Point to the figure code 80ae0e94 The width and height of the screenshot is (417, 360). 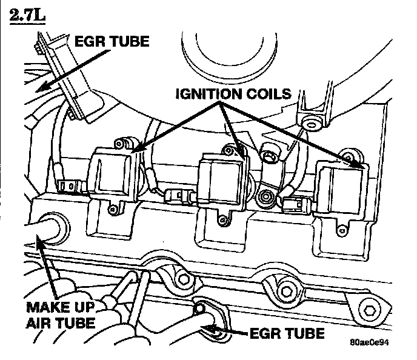point(369,342)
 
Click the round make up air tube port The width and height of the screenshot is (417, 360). point(48,225)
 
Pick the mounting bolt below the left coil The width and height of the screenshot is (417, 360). point(113,210)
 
